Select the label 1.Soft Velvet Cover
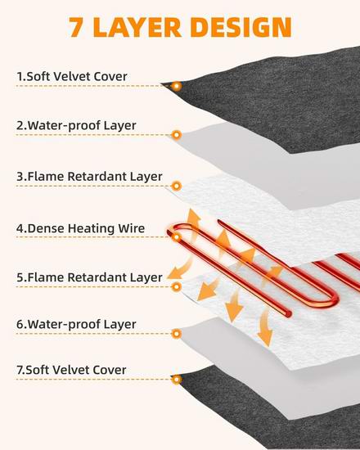[x=72, y=76]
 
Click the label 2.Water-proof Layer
[x=76, y=125]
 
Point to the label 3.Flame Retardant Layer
[x=89, y=177]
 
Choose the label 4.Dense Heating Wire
[x=80, y=228]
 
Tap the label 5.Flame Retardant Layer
[x=89, y=277]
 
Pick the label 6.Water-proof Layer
[x=76, y=324]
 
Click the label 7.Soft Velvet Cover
[x=71, y=370]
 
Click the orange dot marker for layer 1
[x=177, y=86]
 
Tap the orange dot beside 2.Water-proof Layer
[x=177, y=135]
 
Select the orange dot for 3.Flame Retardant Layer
[x=177, y=186]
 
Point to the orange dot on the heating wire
[x=177, y=237]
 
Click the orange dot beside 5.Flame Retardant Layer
[x=177, y=286]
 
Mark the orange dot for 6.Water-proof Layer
[x=177, y=334]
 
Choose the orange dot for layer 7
[x=177, y=380]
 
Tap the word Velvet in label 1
[x=72, y=76]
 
